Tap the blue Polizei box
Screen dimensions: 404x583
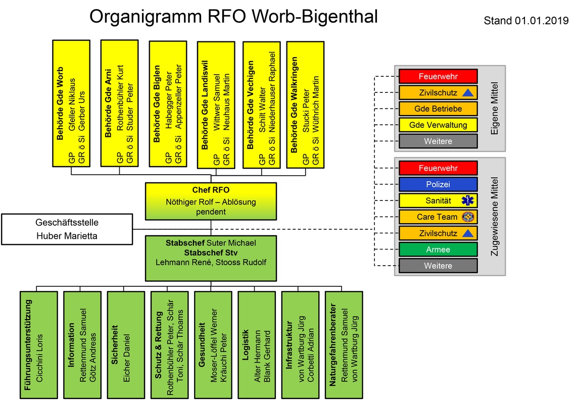[x=438, y=184]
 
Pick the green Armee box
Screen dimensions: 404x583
[x=438, y=249]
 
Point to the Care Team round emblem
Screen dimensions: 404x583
[x=467, y=217]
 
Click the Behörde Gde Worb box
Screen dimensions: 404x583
[x=71, y=104]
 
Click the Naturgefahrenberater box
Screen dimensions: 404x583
[x=344, y=345]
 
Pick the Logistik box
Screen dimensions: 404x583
[x=257, y=345]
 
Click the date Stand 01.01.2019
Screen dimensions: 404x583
[x=526, y=21]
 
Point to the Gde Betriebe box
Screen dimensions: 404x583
[x=438, y=109]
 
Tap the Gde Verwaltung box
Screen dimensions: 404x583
[x=438, y=125]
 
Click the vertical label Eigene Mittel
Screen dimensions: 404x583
[x=494, y=109]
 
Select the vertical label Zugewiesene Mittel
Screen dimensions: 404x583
[x=494, y=216]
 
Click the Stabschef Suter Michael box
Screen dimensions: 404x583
[x=211, y=258]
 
